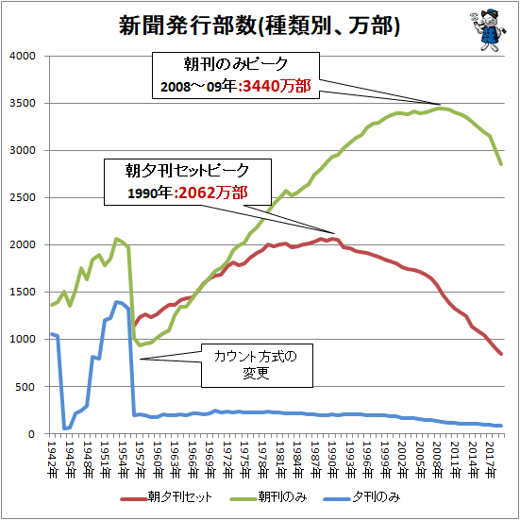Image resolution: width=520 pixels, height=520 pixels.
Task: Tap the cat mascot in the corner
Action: (x=488, y=30)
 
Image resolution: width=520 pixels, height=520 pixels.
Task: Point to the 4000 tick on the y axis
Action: (x=23, y=56)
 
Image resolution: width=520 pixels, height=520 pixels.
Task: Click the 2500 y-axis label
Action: (x=23, y=197)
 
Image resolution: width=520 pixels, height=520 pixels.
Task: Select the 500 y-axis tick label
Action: (x=25, y=387)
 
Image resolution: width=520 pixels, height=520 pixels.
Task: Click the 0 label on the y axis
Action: (x=32, y=434)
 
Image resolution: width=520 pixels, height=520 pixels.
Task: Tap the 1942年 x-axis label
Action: (x=53, y=460)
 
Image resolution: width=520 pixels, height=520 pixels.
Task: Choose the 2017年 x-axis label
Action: (x=491, y=460)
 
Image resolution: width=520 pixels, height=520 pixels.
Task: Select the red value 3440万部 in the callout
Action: (x=277, y=87)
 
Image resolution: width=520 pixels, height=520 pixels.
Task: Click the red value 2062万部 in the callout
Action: (x=213, y=193)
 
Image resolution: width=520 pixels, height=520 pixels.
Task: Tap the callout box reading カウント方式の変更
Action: (x=257, y=365)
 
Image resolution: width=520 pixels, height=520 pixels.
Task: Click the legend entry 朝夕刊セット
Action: (x=166, y=497)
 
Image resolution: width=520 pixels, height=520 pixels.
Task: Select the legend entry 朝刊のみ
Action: (x=268, y=497)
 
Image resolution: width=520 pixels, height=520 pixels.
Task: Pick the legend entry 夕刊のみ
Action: (x=362, y=497)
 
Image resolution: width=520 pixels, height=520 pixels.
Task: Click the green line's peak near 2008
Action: (x=440, y=108)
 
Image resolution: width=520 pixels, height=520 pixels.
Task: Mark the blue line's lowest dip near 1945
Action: (x=64, y=428)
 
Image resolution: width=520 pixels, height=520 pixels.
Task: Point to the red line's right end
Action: (x=501, y=354)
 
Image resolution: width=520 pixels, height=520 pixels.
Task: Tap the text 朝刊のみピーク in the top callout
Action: (x=235, y=64)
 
